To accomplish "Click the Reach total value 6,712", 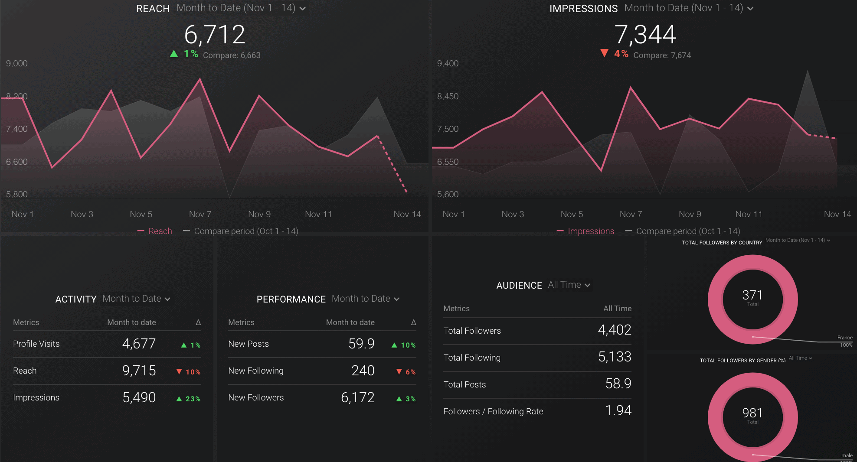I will (215, 35).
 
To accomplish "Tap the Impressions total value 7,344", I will (645, 35).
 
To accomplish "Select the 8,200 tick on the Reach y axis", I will (16, 96).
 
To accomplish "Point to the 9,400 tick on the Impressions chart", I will (448, 64).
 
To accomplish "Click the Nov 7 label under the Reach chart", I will (200, 214).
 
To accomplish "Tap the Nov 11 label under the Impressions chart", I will (749, 214).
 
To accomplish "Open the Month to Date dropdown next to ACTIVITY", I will (136, 299).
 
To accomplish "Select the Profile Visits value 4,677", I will (139, 344).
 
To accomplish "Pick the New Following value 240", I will (363, 371).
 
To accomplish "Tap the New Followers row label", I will (256, 397).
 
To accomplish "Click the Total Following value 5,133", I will (615, 357).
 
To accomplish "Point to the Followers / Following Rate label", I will (493, 411).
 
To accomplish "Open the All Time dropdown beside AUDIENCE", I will (569, 285).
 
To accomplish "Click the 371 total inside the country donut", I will (752, 296).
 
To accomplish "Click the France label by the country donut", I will (844, 338).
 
